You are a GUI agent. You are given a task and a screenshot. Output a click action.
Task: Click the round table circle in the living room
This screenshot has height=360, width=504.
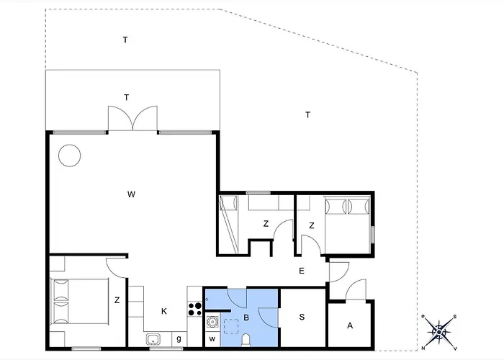[69, 145]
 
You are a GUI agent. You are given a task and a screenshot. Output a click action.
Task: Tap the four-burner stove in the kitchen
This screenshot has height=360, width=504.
[195, 309]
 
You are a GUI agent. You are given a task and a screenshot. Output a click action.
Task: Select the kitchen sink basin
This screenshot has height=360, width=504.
[153, 339]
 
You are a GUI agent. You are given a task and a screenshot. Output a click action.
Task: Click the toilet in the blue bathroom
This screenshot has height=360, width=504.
[246, 341]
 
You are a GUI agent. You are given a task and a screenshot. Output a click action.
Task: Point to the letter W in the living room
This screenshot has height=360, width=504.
[131, 194]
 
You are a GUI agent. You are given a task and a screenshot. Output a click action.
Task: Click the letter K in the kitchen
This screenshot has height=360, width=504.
[164, 311]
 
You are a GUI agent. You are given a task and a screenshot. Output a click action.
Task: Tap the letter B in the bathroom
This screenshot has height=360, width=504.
[246, 318]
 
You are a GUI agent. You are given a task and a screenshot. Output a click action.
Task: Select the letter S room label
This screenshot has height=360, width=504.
[302, 317]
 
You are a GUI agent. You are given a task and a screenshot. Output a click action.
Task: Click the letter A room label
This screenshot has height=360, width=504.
[350, 325]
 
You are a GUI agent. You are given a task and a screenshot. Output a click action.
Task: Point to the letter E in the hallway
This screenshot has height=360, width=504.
[302, 271]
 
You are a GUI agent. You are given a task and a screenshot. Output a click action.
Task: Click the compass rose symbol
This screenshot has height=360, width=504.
[439, 332]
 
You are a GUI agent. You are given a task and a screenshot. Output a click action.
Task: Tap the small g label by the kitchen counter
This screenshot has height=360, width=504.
[179, 339]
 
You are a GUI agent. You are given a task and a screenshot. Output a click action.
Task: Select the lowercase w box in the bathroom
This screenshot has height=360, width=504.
[212, 339]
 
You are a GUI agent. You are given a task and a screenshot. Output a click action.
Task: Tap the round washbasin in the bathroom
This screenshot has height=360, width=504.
[212, 321]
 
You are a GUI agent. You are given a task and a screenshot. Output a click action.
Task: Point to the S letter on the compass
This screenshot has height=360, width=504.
[455, 317]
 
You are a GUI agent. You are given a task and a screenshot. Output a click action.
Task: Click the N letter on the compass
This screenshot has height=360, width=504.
[423, 348]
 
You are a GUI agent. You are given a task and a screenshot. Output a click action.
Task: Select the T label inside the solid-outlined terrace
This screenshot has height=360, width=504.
[127, 97]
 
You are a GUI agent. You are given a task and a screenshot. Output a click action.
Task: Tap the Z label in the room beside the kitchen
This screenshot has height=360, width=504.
[117, 300]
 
